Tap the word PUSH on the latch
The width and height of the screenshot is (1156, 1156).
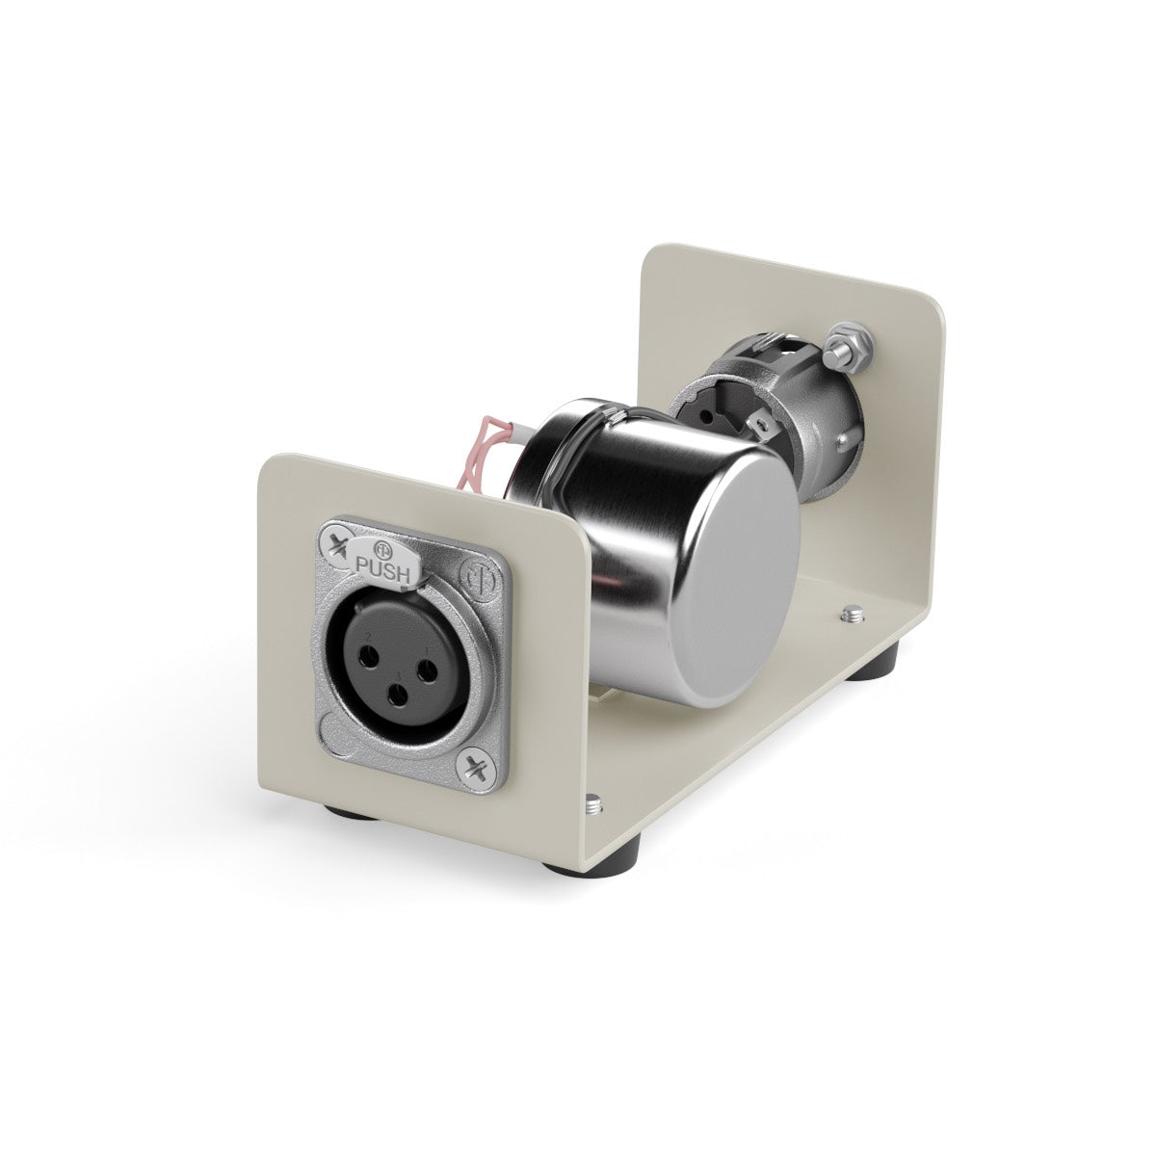coord(383,566)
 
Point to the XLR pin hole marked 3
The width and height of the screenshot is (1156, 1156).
coord(397,697)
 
